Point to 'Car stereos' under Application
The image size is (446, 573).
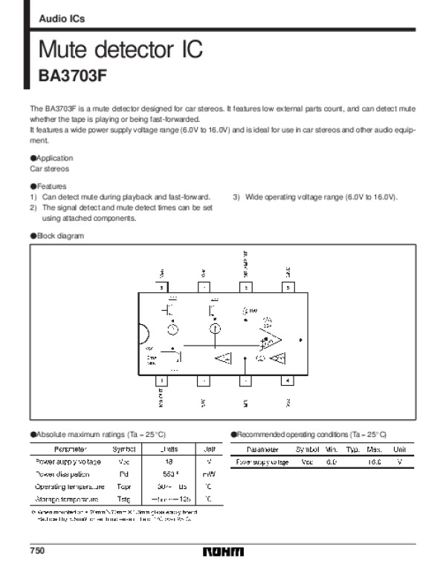[x=48, y=169]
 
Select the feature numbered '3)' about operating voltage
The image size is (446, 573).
[x=316, y=197]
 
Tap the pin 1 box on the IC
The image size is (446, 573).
[x=162, y=381]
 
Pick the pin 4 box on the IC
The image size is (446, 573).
[x=288, y=381]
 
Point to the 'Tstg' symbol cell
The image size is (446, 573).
[x=123, y=499]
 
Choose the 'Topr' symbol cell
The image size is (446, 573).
[x=123, y=487]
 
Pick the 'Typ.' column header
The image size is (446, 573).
[x=352, y=449]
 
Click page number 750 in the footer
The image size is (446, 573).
[x=37, y=551]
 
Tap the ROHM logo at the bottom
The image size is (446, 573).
[x=222, y=553]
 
